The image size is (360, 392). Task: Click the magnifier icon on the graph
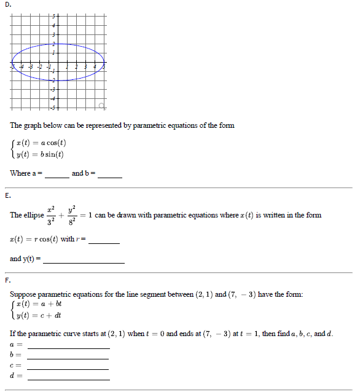[103, 106]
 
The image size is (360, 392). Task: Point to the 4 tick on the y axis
[53, 25]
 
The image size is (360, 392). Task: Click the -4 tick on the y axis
[53, 98]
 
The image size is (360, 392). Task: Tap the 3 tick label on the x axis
[85, 66]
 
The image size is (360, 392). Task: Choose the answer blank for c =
[68, 367]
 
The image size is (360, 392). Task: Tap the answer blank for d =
[68, 377]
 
